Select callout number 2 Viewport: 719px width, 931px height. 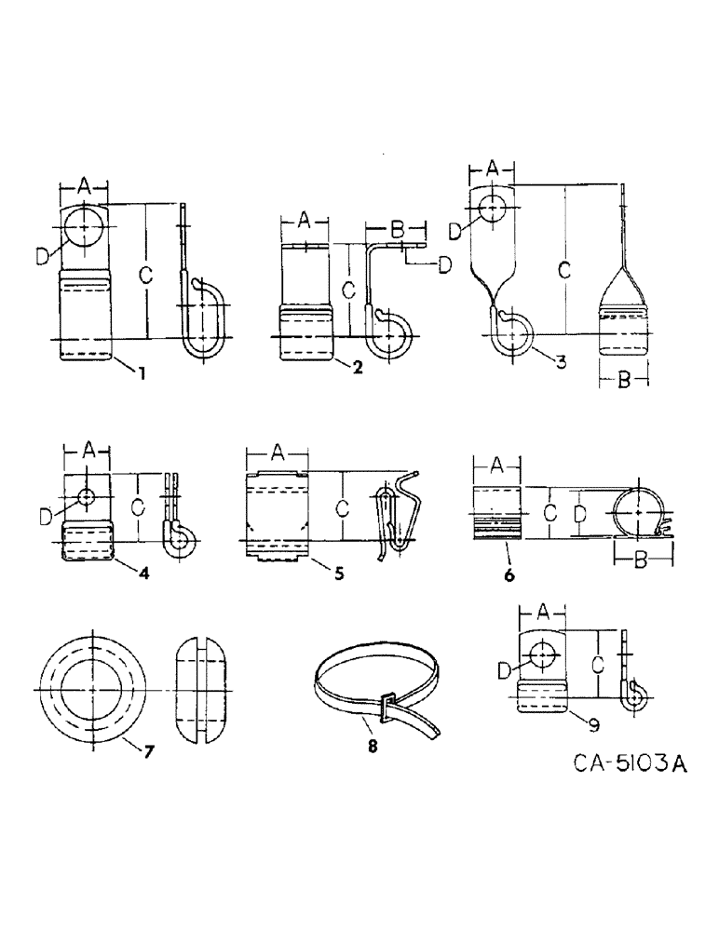click(x=357, y=365)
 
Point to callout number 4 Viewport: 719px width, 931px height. click(x=142, y=572)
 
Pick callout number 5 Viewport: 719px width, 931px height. click(x=338, y=573)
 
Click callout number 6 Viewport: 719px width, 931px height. click(x=509, y=575)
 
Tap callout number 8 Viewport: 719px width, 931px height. click(x=372, y=745)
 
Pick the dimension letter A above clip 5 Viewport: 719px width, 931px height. click(x=276, y=452)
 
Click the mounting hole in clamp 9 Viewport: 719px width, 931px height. click(x=540, y=657)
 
